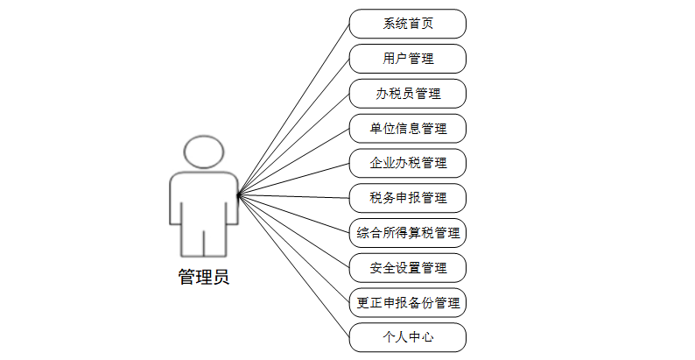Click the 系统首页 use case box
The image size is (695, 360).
pyautogui.click(x=407, y=24)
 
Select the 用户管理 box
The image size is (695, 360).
pyautogui.click(x=407, y=59)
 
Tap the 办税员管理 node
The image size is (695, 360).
pyautogui.click(x=407, y=94)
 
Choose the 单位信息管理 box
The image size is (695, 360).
pyautogui.click(x=407, y=129)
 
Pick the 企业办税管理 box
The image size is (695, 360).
pyautogui.click(x=407, y=163)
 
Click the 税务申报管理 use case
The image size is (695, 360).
pyautogui.click(x=407, y=198)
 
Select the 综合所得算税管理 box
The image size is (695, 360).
pyautogui.click(x=407, y=233)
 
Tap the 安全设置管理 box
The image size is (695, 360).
pyautogui.click(x=407, y=268)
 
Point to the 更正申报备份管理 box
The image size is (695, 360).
pyautogui.click(x=407, y=303)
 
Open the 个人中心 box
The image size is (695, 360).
pyautogui.click(x=407, y=337)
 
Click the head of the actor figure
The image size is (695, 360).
pyautogui.click(x=204, y=152)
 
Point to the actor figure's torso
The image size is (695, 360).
pyautogui.click(x=204, y=201)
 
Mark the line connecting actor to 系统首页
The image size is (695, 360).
pyautogui.click(x=293, y=109)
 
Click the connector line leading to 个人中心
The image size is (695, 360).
pyautogui.click(x=293, y=265)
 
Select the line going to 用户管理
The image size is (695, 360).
pyautogui.click(x=293, y=126)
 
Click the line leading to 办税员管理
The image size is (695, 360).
pyautogui.click(x=293, y=144)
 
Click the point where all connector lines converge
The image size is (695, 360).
pyautogui.click(x=238, y=194)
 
